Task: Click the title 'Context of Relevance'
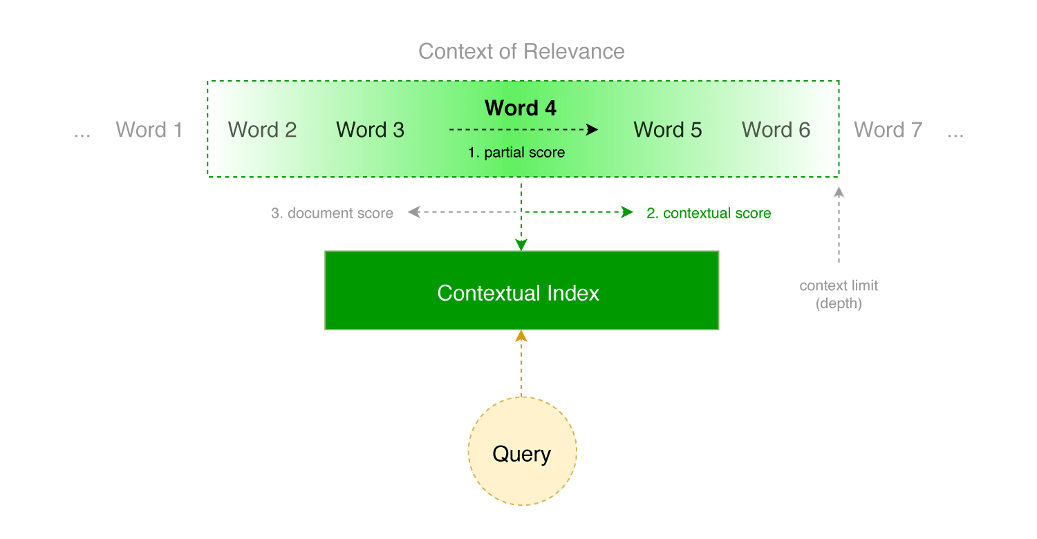coord(521,52)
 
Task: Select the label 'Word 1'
coord(149,130)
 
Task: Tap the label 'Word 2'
coord(262,130)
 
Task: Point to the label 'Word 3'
coord(370,130)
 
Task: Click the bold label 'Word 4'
coord(521,108)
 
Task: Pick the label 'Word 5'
coord(667,130)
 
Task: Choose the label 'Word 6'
coord(776,130)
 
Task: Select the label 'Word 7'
coord(888,130)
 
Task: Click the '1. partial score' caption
coord(516,153)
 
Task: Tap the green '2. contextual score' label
coord(709,214)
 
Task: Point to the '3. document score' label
coord(332,214)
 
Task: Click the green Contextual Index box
coord(521,290)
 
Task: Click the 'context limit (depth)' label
coord(839,294)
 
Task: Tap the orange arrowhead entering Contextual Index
coord(521,337)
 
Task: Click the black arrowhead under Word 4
coord(592,129)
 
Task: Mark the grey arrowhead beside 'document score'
coord(413,213)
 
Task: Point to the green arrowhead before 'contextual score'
coord(627,213)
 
